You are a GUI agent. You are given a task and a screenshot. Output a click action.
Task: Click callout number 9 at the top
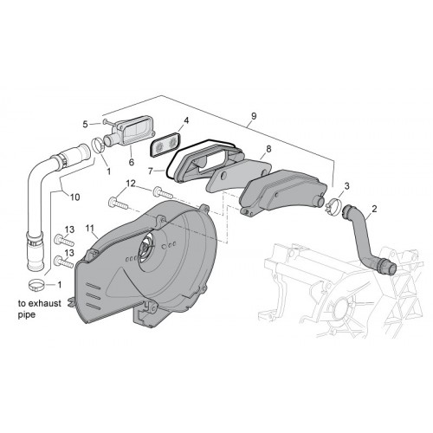[254, 116]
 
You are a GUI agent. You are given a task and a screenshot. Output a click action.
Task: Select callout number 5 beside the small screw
[85, 125]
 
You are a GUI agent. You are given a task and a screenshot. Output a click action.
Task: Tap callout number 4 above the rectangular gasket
[186, 120]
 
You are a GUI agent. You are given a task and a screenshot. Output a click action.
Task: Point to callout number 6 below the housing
[132, 162]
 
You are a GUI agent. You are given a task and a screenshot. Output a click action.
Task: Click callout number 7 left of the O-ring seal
[150, 171]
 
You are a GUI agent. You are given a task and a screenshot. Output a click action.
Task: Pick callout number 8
[268, 149]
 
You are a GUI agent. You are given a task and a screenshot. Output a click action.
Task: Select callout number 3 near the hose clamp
[346, 186]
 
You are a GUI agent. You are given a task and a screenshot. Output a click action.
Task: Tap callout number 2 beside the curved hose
[374, 209]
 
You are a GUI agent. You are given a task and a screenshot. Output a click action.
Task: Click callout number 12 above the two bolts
[131, 184]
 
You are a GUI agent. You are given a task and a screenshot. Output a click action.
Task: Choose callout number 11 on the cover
[90, 229]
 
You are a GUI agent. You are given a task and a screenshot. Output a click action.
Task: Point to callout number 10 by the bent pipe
[74, 197]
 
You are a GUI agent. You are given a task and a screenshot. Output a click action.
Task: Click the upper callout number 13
[69, 229]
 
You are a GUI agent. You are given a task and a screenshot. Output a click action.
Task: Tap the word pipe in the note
[27, 315]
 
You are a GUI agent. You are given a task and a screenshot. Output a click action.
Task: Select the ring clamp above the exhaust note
[37, 285]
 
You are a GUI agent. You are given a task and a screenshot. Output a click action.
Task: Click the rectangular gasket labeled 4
[165, 145]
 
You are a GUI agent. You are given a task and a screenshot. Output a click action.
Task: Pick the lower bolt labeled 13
[64, 262]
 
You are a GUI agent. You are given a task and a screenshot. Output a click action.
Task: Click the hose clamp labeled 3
[333, 204]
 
